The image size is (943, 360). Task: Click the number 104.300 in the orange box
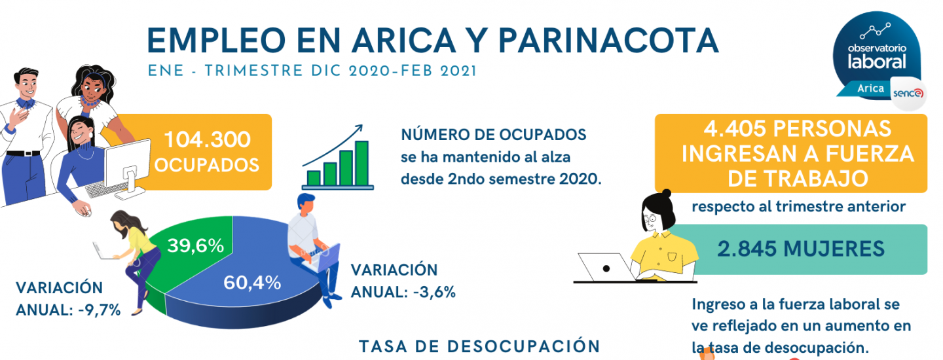coord(207,139)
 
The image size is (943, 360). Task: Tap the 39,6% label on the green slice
coord(195,245)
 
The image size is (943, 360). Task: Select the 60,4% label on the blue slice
coord(252,283)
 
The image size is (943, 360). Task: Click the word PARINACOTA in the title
coord(608,41)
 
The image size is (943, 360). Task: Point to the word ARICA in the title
coord(404,41)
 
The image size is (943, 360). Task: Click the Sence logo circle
coord(908,94)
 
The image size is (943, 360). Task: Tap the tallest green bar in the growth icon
coord(361,163)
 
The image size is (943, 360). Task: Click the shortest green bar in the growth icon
coord(314,178)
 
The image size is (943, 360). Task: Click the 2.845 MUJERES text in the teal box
coord(801,249)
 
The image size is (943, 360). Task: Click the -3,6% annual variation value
coord(434,292)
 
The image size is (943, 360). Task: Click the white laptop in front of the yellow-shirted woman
coord(605,266)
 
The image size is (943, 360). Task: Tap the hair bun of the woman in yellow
coord(666,194)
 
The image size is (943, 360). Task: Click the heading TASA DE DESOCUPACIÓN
coord(479,346)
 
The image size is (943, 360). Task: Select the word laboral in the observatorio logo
coord(876,62)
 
